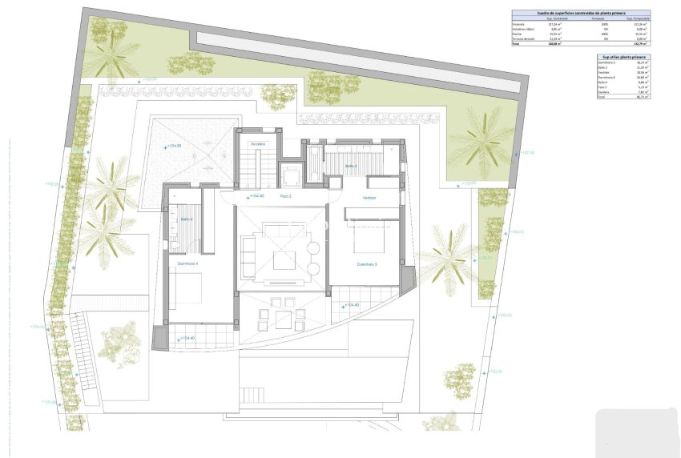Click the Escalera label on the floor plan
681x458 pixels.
257,144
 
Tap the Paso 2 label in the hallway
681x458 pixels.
285,196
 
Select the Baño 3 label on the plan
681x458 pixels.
351,167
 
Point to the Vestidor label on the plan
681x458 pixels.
369,198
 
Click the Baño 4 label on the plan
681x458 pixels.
186,219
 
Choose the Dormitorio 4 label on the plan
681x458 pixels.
188,263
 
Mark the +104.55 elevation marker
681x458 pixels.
172,147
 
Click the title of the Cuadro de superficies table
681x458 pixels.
581,14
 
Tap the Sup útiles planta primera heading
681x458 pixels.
623,57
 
